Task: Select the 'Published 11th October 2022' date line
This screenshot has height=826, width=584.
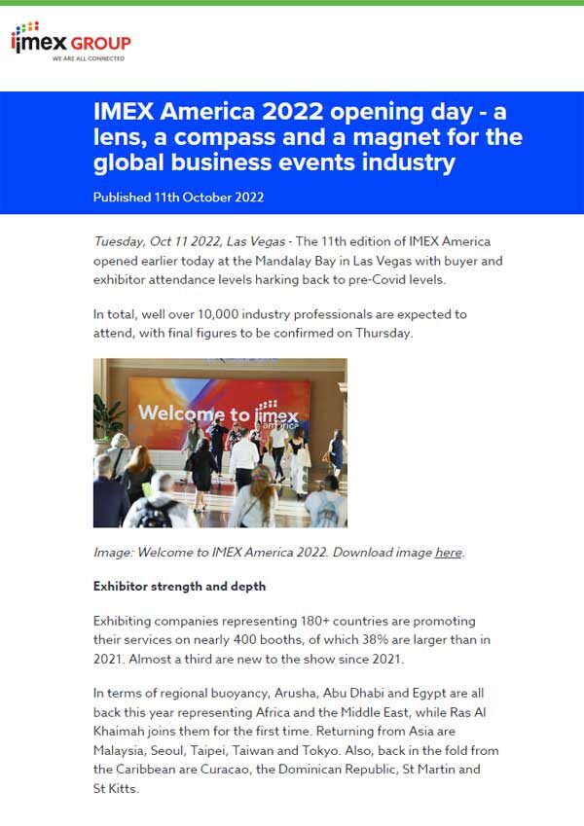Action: click(x=178, y=197)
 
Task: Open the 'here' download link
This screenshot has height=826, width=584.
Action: click(x=448, y=552)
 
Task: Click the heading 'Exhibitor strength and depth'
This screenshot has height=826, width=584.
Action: click(x=179, y=587)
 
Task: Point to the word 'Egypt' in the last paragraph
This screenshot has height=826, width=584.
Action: click(x=447, y=693)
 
